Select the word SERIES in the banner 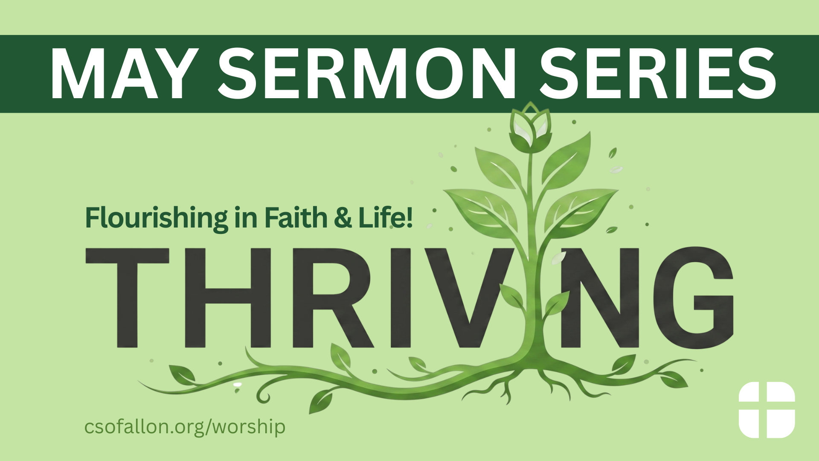point(658,74)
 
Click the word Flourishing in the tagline point(157,218)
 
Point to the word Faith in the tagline point(296,217)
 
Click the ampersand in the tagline point(343,218)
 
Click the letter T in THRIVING point(128,297)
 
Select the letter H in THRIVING point(228,297)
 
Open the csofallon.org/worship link point(185,427)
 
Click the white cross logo point(767,410)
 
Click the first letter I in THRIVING point(401,297)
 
